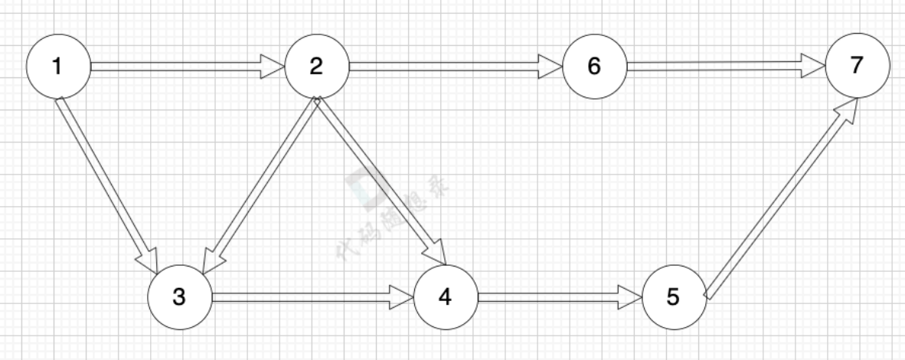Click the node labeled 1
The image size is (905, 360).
[58, 67]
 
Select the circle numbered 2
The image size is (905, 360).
[316, 67]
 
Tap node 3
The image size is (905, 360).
[179, 297]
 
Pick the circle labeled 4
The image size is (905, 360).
[445, 297]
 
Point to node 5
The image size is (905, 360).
[673, 297]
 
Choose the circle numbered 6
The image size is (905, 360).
[594, 67]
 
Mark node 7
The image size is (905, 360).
[858, 66]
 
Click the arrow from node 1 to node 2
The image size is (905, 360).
[184, 67]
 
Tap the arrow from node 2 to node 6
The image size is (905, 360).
[452, 67]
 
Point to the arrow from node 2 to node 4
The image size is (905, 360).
[379, 180]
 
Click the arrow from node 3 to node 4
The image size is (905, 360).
[310, 297]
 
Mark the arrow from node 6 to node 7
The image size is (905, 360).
[724, 67]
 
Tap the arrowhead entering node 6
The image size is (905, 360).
[550, 67]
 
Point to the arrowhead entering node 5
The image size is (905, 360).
[629, 297]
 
